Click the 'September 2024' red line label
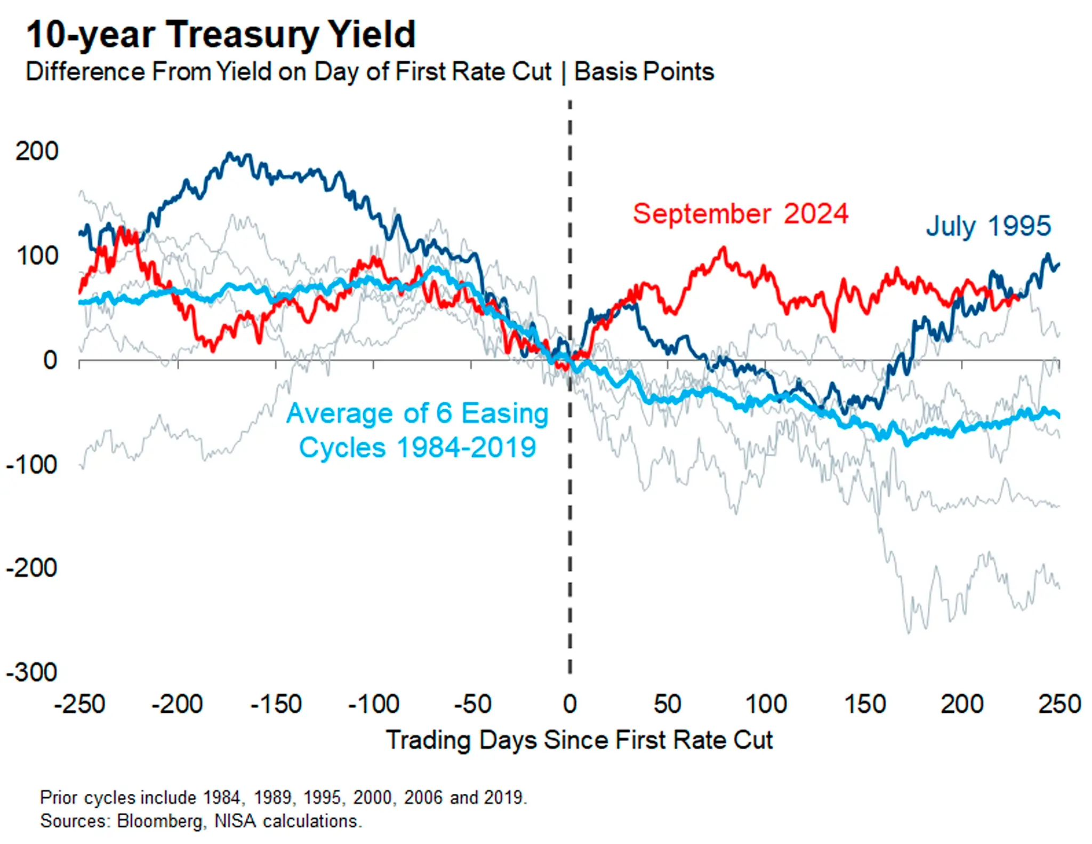740,214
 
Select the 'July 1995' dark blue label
988,226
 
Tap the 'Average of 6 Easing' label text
417,413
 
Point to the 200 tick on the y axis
36,152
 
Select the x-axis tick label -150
276,704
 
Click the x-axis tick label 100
765,704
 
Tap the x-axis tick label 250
1059,704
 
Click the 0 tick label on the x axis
569,704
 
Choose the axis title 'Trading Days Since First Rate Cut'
579,740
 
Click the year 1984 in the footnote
221,798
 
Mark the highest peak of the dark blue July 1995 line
229,154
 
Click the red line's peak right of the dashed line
723,248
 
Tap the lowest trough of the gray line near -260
909,632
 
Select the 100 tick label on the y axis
36,256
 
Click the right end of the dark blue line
1058,264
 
